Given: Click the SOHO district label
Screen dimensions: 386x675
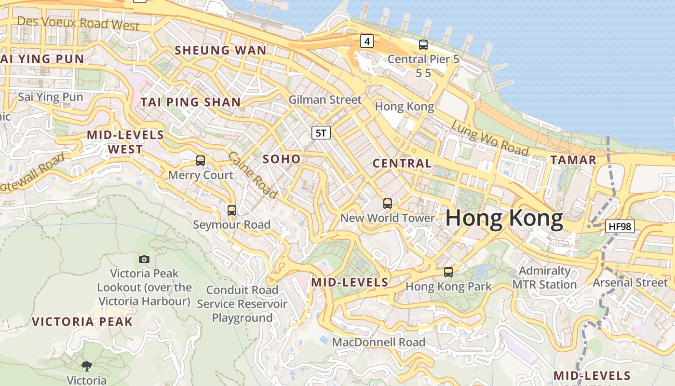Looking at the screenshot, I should coord(282,159).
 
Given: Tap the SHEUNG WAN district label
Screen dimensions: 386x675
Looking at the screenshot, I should coord(220,50).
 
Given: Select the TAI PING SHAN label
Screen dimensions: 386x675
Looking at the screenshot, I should coord(190,102).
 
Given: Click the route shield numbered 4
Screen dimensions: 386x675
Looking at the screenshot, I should coord(367,41).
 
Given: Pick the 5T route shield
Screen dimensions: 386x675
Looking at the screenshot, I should coord(321,133).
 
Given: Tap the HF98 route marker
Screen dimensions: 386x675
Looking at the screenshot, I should coord(620,226).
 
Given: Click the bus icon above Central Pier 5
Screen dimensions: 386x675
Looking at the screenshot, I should coord(423,45).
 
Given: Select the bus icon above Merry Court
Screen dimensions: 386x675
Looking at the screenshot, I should coord(201,161).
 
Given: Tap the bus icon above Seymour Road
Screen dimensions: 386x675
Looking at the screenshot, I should coord(232,210).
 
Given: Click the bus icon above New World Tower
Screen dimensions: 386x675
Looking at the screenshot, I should coord(388,204).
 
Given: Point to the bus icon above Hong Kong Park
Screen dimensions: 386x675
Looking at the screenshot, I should coord(448,272).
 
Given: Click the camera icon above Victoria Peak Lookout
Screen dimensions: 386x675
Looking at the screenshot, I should coord(144,260).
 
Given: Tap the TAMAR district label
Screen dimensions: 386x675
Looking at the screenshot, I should coord(573,160).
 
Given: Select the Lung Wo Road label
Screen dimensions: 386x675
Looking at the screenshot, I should coord(490,138).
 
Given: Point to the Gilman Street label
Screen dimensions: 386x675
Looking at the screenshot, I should coord(325,100).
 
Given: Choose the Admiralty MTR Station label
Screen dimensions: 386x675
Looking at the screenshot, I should coord(544,277).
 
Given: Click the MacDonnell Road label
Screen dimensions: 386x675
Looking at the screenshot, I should coord(379,342).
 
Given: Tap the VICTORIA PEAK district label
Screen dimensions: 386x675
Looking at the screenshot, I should coord(82,322).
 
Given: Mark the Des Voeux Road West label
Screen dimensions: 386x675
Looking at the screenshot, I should coord(78,23).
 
